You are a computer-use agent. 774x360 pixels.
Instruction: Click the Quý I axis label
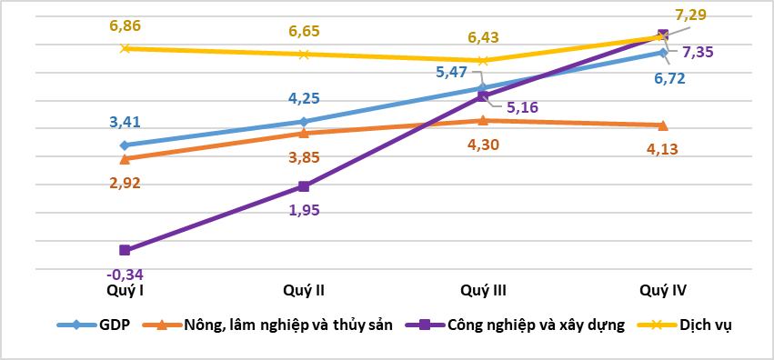click(126, 291)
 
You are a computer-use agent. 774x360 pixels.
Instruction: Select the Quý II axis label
click(304, 291)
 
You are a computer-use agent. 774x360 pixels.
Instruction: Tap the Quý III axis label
click(483, 291)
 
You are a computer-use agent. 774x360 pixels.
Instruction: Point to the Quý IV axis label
click(663, 291)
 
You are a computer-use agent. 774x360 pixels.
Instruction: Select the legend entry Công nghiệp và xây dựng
click(535, 325)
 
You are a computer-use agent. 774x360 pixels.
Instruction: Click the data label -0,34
click(126, 274)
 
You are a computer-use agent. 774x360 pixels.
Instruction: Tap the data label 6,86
click(126, 27)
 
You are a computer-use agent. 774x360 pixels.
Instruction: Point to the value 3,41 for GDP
click(126, 123)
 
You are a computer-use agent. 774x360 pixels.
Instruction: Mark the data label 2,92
click(126, 183)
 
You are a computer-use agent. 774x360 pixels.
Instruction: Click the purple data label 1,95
click(304, 210)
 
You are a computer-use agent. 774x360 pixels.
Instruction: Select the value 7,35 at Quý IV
click(698, 52)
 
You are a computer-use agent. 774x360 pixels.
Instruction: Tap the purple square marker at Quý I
click(126, 250)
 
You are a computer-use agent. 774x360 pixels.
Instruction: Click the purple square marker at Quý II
click(304, 186)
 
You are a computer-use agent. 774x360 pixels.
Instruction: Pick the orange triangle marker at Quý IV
click(662, 125)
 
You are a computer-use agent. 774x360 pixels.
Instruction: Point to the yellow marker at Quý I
click(126, 48)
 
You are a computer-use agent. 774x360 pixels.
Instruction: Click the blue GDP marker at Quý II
click(304, 121)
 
